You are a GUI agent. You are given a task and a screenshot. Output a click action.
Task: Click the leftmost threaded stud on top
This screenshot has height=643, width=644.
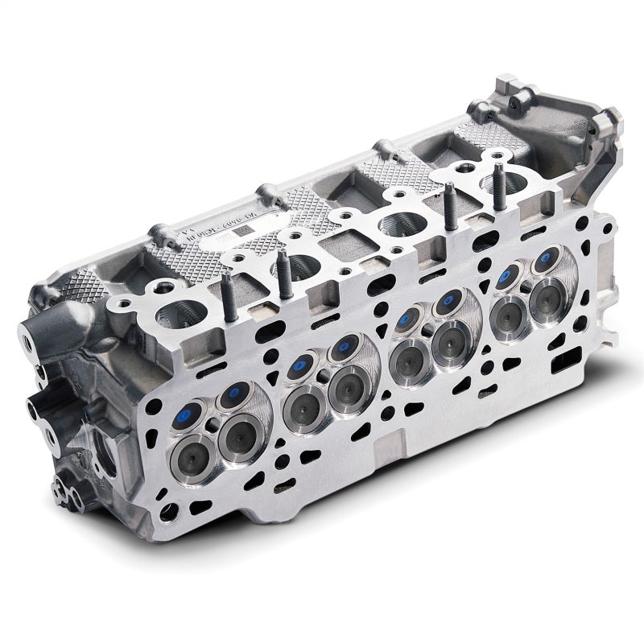click(x=229, y=291)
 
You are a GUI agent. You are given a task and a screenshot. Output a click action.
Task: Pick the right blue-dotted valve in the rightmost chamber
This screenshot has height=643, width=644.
click(x=539, y=262)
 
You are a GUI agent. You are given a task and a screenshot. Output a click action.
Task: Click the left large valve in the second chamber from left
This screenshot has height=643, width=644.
click(x=305, y=399)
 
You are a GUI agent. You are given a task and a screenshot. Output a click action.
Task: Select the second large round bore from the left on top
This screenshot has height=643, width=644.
click(x=295, y=265)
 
